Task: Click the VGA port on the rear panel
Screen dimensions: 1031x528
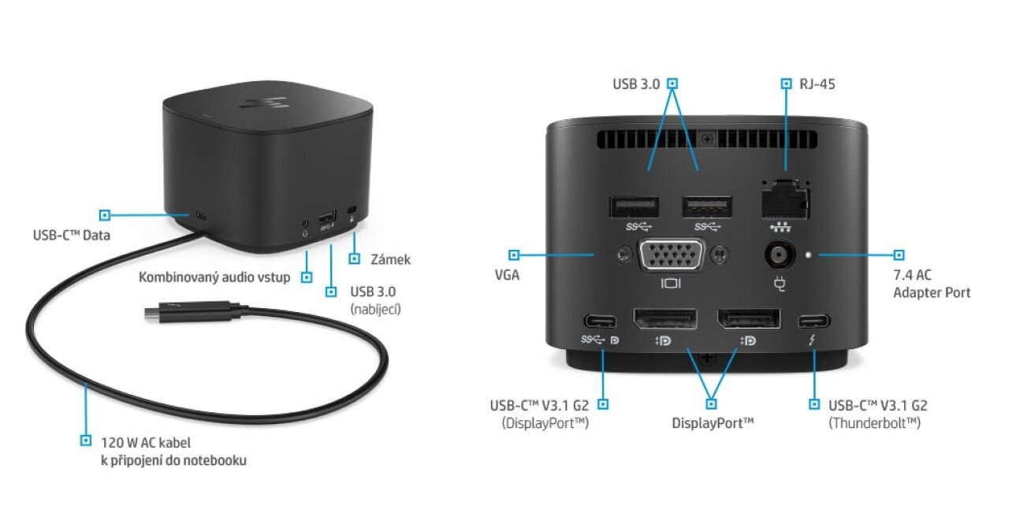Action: click(x=672, y=255)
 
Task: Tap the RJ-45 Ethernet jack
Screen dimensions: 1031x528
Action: click(x=785, y=199)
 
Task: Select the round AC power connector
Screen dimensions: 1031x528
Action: click(x=780, y=255)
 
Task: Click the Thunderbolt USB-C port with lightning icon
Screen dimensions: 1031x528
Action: click(x=813, y=321)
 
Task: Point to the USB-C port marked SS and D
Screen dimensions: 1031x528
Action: click(x=600, y=321)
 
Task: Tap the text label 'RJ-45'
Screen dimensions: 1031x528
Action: click(x=817, y=84)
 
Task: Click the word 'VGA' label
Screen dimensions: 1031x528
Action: click(x=507, y=275)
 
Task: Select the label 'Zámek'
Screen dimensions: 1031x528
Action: click(x=390, y=259)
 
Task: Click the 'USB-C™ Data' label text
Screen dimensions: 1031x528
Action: click(x=72, y=235)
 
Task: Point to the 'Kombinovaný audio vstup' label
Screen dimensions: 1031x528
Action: click(x=214, y=277)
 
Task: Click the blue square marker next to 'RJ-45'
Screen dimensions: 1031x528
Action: click(x=786, y=84)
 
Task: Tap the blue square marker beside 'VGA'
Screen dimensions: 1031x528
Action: click(x=514, y=255)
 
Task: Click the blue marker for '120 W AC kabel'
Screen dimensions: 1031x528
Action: click(x=86, y=440)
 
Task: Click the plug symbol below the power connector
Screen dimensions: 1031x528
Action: click(x=780, y=284)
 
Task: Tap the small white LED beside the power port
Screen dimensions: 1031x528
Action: click(x=810, y=254)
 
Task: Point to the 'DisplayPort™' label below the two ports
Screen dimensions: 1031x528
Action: click(x=713, y=423)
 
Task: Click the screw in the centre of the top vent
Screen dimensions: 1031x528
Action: click(x=707, y=138)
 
